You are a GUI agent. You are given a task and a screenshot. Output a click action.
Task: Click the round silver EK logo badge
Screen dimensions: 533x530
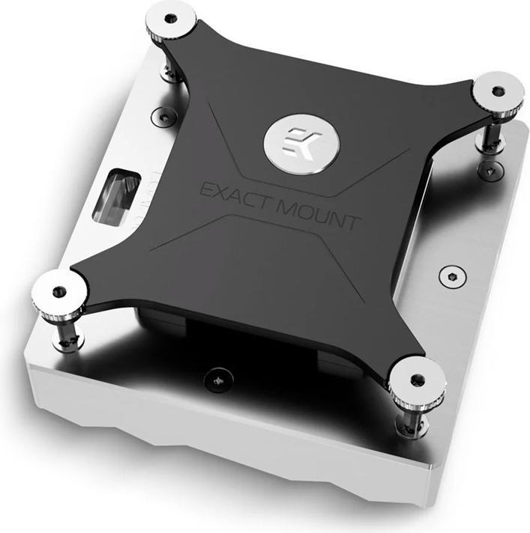(298, 138)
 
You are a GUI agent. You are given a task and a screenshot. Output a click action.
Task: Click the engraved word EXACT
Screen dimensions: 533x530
(235, 192)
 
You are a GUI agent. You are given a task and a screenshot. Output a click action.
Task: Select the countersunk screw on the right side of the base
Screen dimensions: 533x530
(450, 273)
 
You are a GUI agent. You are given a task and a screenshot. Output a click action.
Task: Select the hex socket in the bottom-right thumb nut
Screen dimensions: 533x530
(417, 378)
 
